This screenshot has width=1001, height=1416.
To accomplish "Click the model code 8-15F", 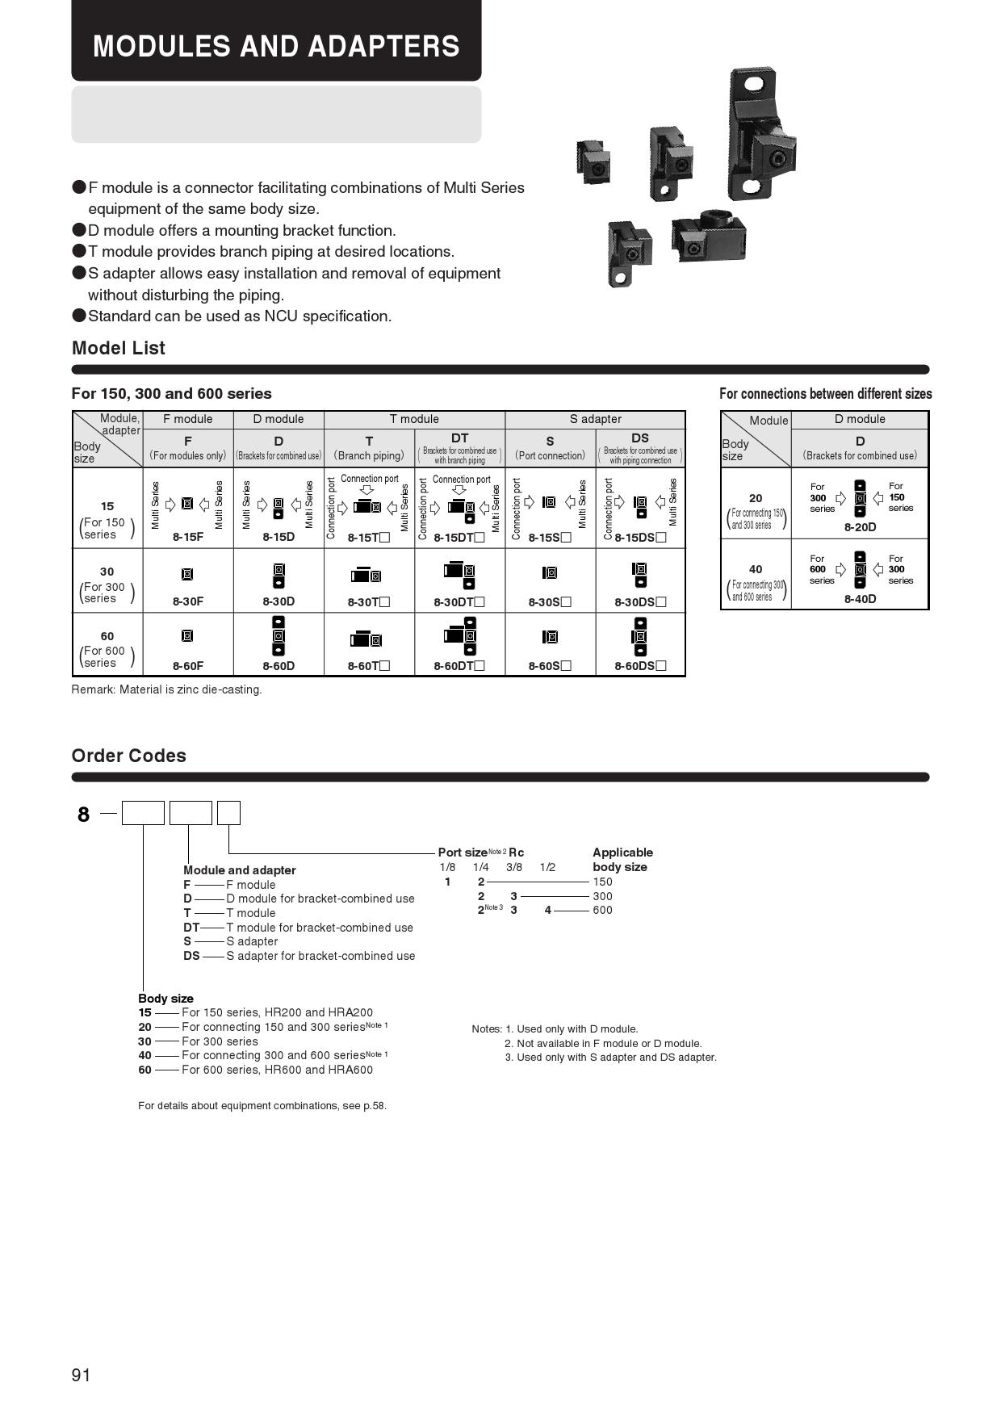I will pos(187,537).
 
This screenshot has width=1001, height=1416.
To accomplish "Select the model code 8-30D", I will pos(279,601).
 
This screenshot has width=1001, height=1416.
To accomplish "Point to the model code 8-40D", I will pos(860,599).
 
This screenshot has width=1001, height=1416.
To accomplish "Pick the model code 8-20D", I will pos(860,527).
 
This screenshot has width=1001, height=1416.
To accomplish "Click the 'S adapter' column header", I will pos(595,419).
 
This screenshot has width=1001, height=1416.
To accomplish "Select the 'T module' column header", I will pos(414,419).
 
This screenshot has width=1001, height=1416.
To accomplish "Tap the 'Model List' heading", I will pos(118,348).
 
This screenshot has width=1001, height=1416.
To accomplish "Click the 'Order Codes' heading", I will pos(128,756).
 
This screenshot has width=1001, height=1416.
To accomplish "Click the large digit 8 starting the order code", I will pos(83,815).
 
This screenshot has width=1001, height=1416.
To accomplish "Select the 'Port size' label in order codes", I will pos(463,853).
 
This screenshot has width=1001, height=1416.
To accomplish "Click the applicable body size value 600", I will pos(602,910).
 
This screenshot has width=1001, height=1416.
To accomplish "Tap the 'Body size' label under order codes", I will pos(165,999).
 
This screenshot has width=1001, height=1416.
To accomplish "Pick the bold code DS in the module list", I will pos(191,956).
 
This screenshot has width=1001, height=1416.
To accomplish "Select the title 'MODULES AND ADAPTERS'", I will pos(276,46).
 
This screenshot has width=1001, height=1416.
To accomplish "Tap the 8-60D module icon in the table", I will pos(279,636).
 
